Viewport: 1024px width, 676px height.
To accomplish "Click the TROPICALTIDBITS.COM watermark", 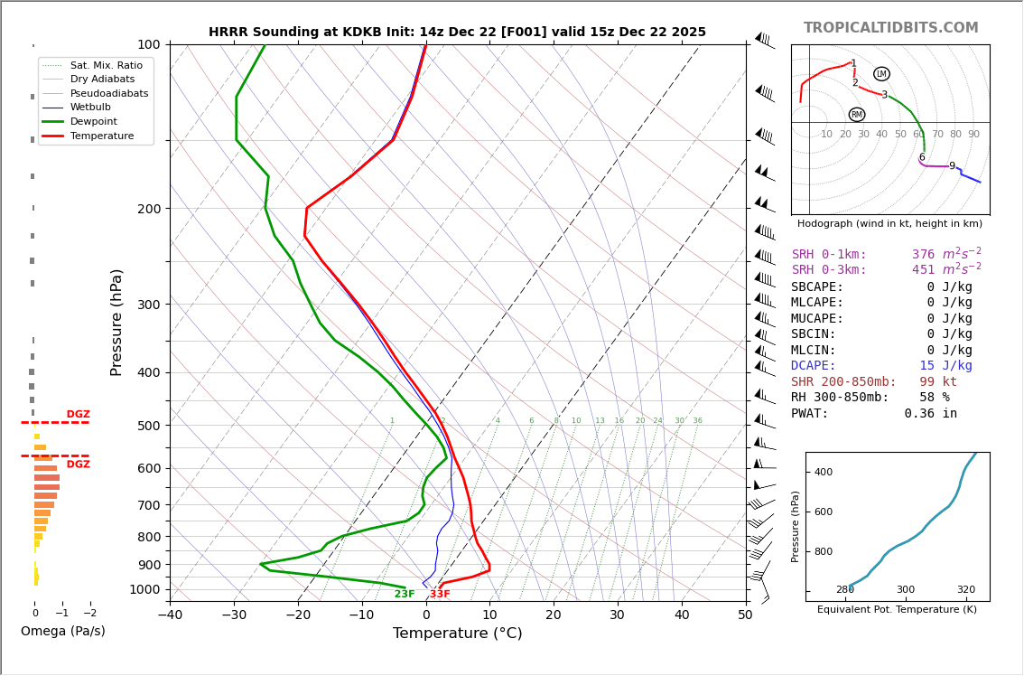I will coord(890,28).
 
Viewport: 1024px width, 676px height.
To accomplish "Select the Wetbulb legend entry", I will coord(97,108).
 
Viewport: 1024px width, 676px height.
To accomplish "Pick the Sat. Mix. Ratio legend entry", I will coord(106,65).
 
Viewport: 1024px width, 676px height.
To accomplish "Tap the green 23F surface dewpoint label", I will coord(405,594).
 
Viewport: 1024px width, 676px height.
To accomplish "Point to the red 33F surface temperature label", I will coord(440,594).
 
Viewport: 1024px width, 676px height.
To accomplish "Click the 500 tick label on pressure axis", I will coord(149,426).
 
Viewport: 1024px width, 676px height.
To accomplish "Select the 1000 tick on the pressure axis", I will coord(145,589).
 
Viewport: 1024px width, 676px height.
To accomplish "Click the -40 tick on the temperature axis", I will coord(170,615).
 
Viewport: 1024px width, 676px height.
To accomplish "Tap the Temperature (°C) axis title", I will coord(457,634).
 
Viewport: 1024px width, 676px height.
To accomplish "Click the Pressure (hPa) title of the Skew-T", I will coord(116,322).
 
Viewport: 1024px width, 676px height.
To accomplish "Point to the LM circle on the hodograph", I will coord(881,74).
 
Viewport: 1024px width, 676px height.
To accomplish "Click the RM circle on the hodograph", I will coord(857,115).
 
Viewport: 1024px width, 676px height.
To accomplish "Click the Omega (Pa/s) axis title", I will coord(63,631).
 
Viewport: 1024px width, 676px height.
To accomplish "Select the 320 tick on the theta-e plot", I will coord(965,589).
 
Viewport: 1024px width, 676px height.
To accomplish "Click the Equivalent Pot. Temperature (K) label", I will coord(897,609).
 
